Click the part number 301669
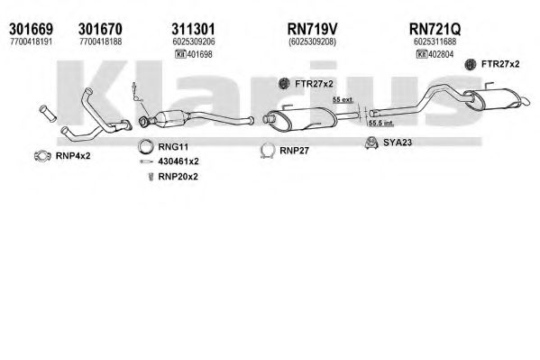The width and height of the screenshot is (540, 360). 31,29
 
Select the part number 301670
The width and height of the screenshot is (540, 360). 100,29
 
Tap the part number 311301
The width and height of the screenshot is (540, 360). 193,29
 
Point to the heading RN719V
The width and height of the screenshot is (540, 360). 312,29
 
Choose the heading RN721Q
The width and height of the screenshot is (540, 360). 435,29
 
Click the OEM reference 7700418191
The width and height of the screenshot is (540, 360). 31,42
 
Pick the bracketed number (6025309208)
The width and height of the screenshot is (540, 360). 312,42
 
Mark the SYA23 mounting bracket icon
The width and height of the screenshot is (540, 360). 371,143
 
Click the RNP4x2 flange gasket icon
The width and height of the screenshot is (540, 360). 42,156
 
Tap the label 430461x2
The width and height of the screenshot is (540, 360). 178,162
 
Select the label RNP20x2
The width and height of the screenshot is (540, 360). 178,177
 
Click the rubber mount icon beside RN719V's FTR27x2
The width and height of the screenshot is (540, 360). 284,83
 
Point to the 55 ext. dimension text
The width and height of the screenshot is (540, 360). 343,100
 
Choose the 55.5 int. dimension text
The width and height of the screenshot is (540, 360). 381,123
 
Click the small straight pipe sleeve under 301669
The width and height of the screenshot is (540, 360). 48,113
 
